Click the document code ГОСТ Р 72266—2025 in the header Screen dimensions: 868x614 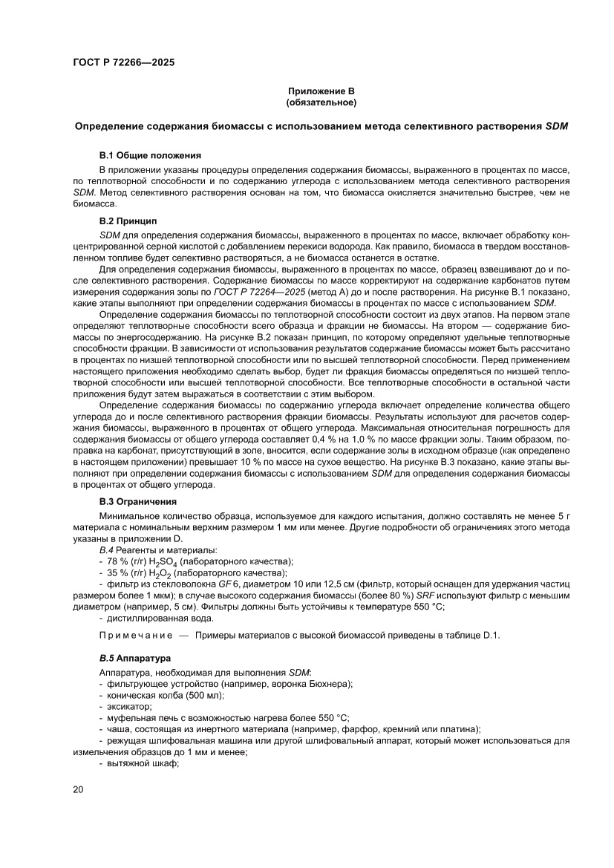point(124,63)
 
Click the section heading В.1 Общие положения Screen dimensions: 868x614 point(150,155)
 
